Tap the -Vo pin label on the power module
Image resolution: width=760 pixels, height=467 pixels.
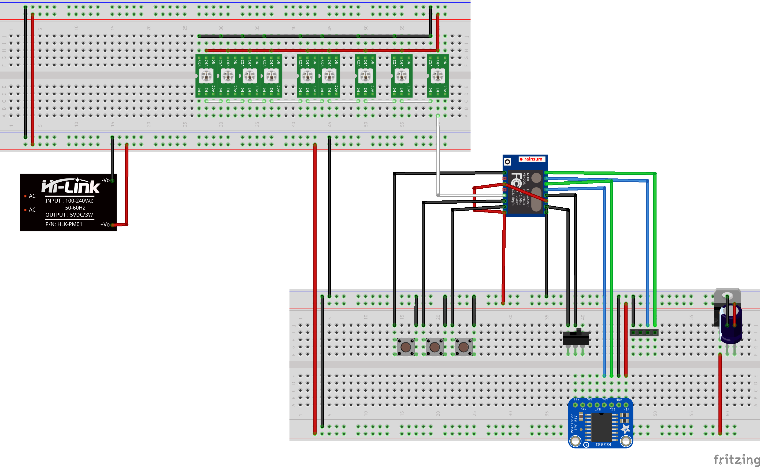click(106, 180)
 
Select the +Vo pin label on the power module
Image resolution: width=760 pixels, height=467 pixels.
click(105, 225)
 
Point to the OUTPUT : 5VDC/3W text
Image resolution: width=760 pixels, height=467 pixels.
click(69, 215)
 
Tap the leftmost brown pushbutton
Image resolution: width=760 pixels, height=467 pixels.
click(405, 347)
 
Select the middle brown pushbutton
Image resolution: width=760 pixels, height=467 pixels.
click(434, 347)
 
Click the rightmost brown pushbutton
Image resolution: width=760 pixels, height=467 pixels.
click(464, 347)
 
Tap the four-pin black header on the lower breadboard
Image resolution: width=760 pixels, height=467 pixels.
click(644, 333)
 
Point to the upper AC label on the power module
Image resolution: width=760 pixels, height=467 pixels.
click(32, 196)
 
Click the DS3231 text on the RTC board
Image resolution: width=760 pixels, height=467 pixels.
click(603, 445)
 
